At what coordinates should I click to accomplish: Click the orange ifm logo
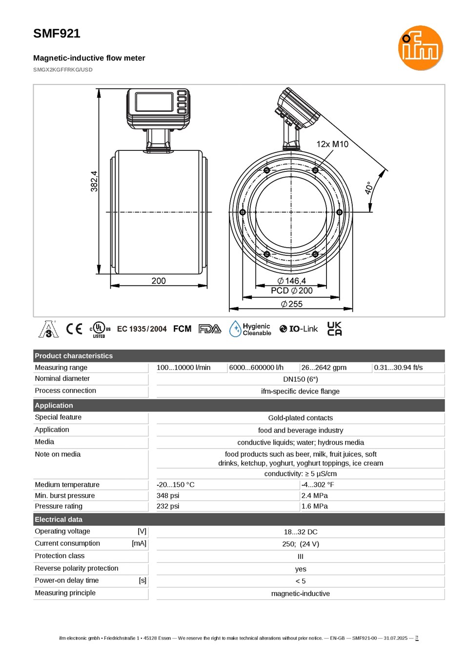pos(420,48)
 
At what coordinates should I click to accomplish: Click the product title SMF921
pos(57,34)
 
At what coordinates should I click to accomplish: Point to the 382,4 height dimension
pos(94,181)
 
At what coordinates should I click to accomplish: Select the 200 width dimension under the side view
pos(159,281)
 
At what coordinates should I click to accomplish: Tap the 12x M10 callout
pos(332,144)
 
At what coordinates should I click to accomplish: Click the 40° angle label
pos(368,188)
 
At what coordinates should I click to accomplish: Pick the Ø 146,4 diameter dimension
pos(291,281)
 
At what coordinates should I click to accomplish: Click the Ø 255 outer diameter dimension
pos(291,304)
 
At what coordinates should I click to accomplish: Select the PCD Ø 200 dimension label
pos(291,290)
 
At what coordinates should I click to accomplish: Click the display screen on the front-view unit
pos(154,102)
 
